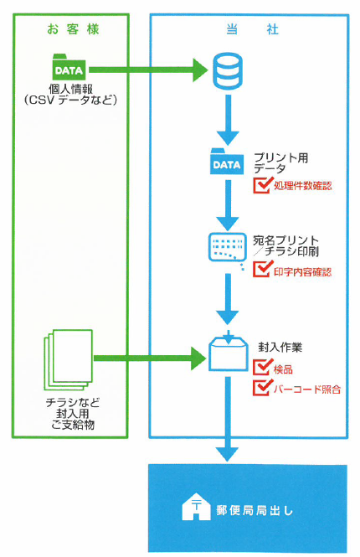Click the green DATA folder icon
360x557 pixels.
69,68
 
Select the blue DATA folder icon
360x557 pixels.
227,163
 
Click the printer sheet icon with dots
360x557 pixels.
227,247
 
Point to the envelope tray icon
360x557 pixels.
227,353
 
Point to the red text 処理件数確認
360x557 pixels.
302,186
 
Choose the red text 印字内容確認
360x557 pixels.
302,271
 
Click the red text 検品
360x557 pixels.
283,369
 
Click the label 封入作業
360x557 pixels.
280,346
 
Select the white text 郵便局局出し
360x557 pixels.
255,508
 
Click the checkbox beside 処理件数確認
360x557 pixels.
261,185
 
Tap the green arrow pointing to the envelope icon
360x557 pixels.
151,358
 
